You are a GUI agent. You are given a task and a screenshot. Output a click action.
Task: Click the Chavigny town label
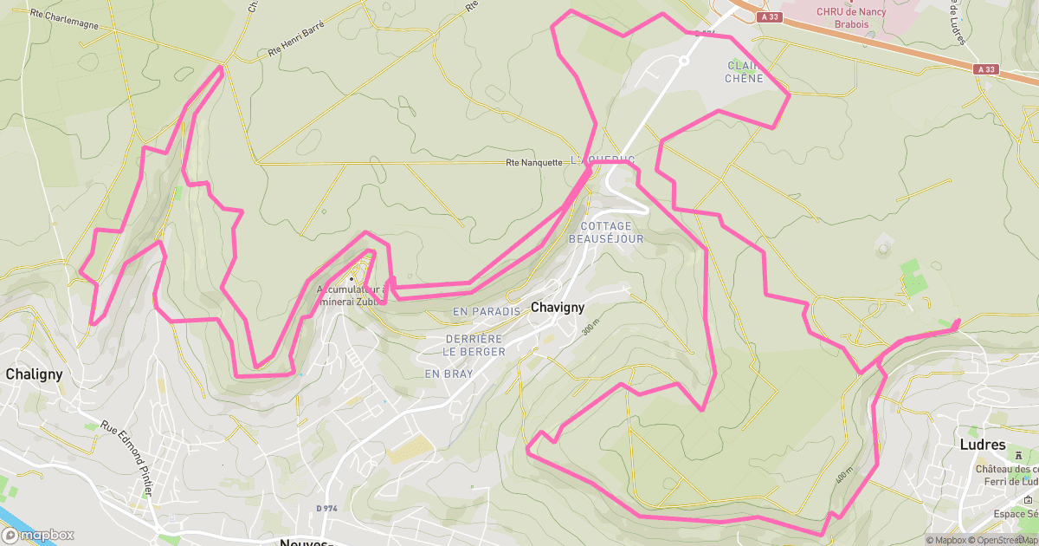(557, 308)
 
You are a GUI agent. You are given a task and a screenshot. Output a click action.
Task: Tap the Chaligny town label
(34, 374)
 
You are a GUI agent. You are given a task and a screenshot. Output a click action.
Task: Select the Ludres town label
(983, 445)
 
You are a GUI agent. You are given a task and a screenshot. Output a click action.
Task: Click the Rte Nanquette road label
(533, 162)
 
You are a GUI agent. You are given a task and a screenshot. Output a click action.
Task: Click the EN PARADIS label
(486, 311)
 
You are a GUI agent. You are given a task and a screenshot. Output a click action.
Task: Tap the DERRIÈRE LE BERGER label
(474, 345)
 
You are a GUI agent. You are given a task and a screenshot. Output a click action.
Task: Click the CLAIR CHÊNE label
(745, 72)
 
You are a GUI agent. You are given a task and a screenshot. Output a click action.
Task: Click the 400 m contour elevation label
(844, 478)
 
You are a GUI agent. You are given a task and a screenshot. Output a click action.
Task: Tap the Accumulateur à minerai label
(351, 296)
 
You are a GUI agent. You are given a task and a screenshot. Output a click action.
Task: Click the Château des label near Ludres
(1006, 469)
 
